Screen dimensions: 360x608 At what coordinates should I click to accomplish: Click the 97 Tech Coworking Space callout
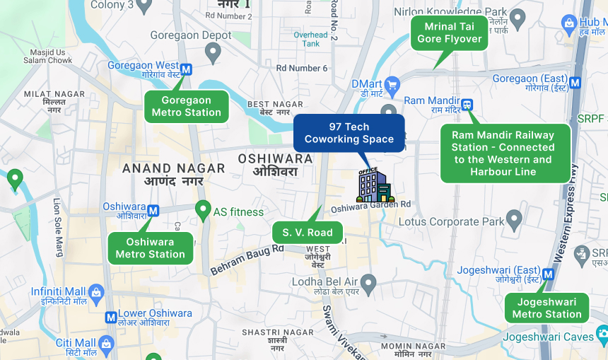pos(349,133)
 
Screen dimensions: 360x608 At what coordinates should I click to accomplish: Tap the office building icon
pos(375,185)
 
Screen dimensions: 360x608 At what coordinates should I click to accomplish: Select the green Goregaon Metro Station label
pos(187,106)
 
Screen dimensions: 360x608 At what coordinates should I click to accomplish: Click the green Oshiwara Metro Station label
pos(151,248)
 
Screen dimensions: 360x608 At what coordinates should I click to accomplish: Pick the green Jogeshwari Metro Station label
pos(546,308)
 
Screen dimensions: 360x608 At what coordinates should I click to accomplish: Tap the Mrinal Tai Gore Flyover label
pos(450,33)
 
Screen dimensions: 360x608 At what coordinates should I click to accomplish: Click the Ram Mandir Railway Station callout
pos(503,153)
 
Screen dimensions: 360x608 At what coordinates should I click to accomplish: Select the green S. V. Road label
pos(308,232)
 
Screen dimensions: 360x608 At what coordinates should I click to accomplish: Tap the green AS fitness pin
pos(203,210)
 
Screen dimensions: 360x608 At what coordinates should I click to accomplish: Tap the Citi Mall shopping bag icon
pos(107,344)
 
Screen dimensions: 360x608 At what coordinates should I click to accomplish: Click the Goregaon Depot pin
pos(213,51)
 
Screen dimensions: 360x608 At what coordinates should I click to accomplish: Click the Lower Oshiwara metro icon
pos(111,318)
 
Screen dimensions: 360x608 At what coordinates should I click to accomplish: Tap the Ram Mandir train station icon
pos(467,105)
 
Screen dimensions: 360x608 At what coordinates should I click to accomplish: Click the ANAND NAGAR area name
pos(174,168)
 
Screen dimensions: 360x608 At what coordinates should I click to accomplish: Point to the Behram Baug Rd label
pos(247,259)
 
